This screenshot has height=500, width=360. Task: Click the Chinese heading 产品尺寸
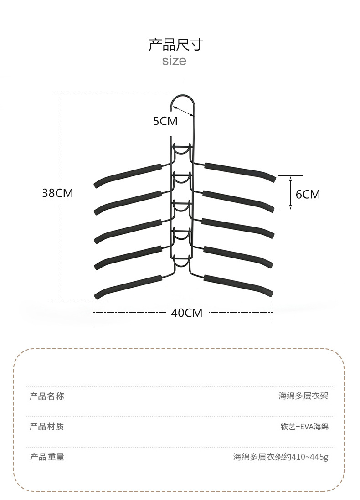click(x=175, y=45)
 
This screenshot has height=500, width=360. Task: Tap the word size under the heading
click(x=174, y=61)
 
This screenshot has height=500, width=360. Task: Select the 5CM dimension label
click(x=165, y=121)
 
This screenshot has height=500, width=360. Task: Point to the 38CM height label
click(x=57, y=193)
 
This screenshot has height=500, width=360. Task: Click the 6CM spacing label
click(x=308, y=194)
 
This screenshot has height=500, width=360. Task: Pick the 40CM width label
click(x=186, y=313)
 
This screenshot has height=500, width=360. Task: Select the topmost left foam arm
click(x=128, y=174)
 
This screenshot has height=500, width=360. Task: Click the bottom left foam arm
click(x=128, y=285)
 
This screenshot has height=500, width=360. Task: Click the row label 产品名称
click(x=47, y=396)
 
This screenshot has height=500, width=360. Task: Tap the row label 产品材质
click(x=47, y=427)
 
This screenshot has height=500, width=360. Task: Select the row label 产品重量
click(x=47, y=457)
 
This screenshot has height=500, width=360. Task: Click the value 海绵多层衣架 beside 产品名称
click(x=303, y=396)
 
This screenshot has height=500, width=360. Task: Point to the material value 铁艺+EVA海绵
click(x=304, y=427)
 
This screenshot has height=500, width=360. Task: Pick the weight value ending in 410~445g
click(x=280, y=457)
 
